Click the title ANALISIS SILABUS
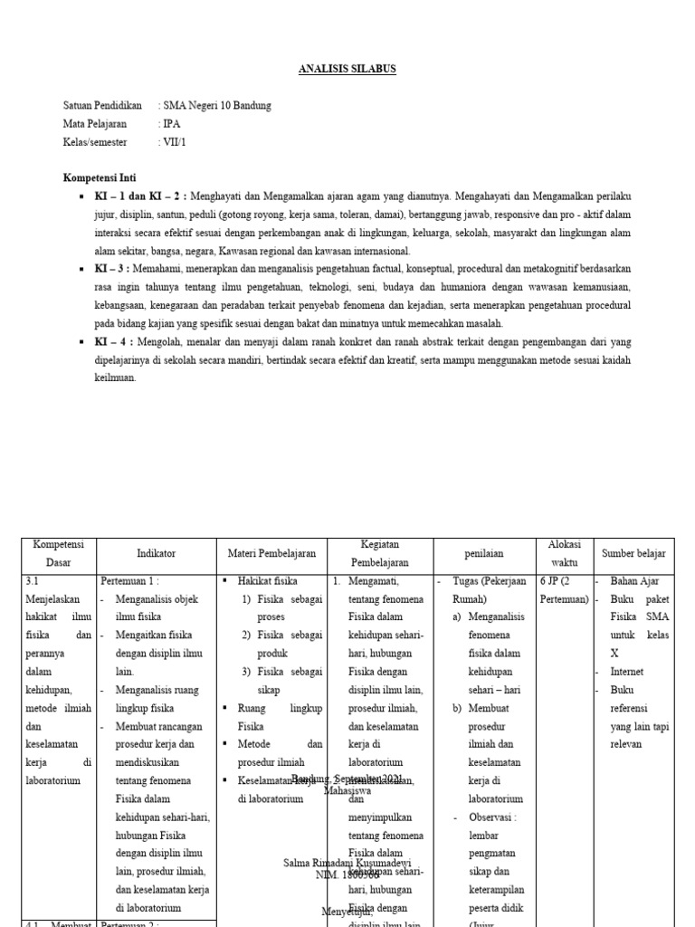click(x=347, y=70)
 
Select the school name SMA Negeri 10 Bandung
click(x=216, y=106)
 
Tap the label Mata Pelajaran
click(x=95, y=124)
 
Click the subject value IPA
click(x=171, y=124)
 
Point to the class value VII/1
click(x=175, y=142)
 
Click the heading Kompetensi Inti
click(x=100, y=178)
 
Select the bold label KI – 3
click(x=109, y=269)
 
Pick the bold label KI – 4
click(x=109, y=342)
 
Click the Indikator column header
click(x=156, y=552)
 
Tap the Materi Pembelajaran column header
click(x=271, y=552)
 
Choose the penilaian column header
click(x=485, y=552)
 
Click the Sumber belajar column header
click(x=633, y=552)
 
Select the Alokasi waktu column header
click(x=564, y=552)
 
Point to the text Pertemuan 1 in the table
click(x=130, y=581)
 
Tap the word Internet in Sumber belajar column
click(x=628, y=672)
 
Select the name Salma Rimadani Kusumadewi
click(x=347, y=863)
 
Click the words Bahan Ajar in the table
click(x=636, y=581)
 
